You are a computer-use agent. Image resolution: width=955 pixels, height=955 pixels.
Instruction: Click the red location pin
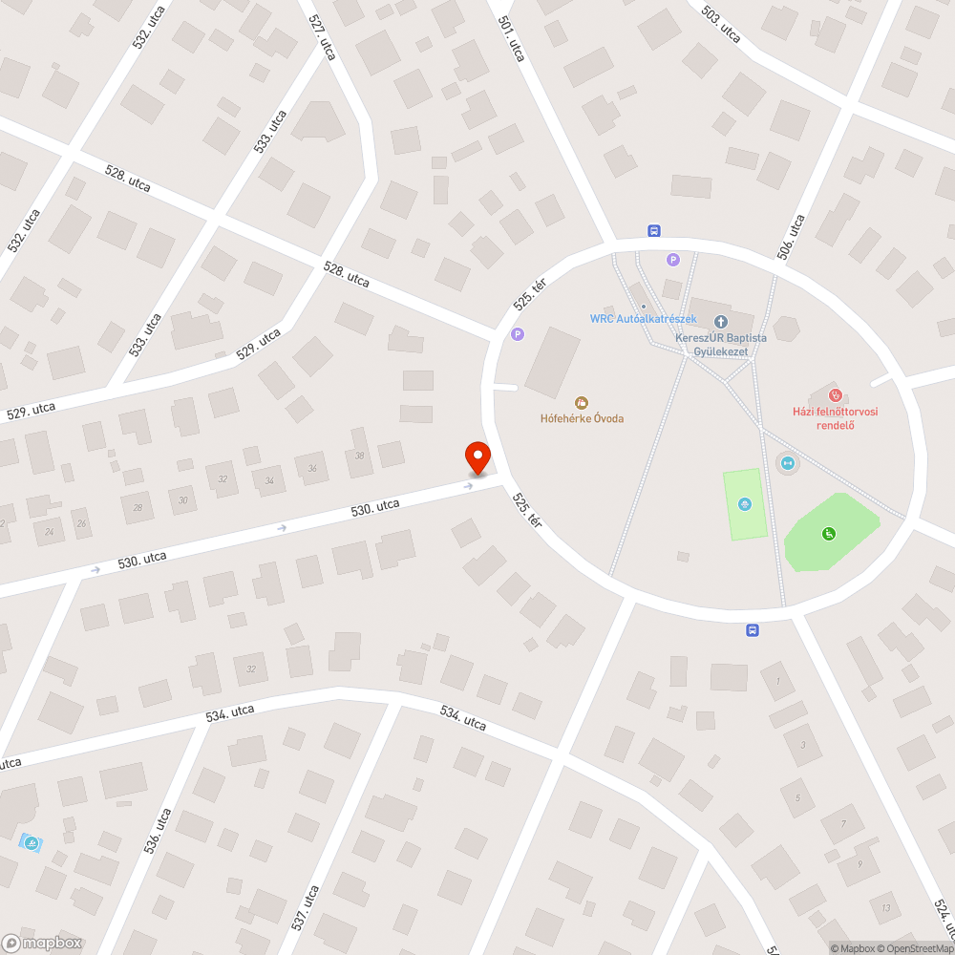(477, 457)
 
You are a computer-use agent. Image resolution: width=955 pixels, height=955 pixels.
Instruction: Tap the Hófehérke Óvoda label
(581, 418)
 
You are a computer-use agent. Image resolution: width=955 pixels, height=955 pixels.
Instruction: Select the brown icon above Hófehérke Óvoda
(580, 402)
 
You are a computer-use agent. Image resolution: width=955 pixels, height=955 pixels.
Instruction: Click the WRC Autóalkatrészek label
(643, 319)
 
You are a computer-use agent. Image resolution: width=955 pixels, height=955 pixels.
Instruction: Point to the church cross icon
(720, 322)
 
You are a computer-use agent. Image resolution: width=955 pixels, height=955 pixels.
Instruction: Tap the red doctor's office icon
(835, 394)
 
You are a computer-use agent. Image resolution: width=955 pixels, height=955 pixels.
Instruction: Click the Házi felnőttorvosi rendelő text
(835, 418)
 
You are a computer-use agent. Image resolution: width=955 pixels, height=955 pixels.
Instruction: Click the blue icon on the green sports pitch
(745, 504)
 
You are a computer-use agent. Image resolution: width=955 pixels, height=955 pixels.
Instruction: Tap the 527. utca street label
(323, 36)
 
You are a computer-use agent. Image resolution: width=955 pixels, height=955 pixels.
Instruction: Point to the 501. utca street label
(512, 38)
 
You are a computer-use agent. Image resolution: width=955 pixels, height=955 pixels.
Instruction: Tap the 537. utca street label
(306, 908)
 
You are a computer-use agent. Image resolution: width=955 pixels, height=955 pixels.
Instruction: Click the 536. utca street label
(159, 831)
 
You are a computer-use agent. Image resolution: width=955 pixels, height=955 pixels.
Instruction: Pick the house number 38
(359, 456)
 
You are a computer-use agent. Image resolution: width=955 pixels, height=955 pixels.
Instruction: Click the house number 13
(886, 907)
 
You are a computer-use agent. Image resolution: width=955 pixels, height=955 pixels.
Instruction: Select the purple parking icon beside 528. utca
(518, 334)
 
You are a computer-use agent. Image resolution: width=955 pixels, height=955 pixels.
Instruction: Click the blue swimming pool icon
(31, 843)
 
